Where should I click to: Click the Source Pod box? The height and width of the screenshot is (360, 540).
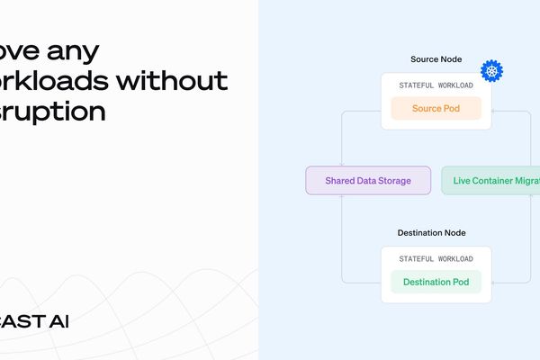[x=436, y=109]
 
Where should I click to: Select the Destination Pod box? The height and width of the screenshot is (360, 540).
[x=436, y=283]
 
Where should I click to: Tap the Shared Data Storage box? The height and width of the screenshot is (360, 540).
[x=367, y=181]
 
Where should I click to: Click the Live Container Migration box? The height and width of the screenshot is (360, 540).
[x=491, y=181]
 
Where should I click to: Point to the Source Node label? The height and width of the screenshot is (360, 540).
[x=436, y=59]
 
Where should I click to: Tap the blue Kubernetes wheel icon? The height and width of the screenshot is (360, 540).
[x=491, y=71]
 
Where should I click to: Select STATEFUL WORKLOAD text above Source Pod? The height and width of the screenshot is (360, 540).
[x=436, y=85]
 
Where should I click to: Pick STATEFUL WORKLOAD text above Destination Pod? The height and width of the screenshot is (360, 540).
[x=436, y=259]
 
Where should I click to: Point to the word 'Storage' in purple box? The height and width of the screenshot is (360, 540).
[x=393, y=181]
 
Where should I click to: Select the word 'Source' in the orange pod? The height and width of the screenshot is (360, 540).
[x=427, y=109]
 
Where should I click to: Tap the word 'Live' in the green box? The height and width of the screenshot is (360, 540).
[x=463, y=181]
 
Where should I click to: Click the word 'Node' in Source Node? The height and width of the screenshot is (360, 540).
[x=450, y=59]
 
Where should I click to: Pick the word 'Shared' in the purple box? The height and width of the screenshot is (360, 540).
[x=340, y=181]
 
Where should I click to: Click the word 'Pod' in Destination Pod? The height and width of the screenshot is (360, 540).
[x=460, y=283]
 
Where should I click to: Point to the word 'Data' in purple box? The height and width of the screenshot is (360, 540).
[x=366, y=181]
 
